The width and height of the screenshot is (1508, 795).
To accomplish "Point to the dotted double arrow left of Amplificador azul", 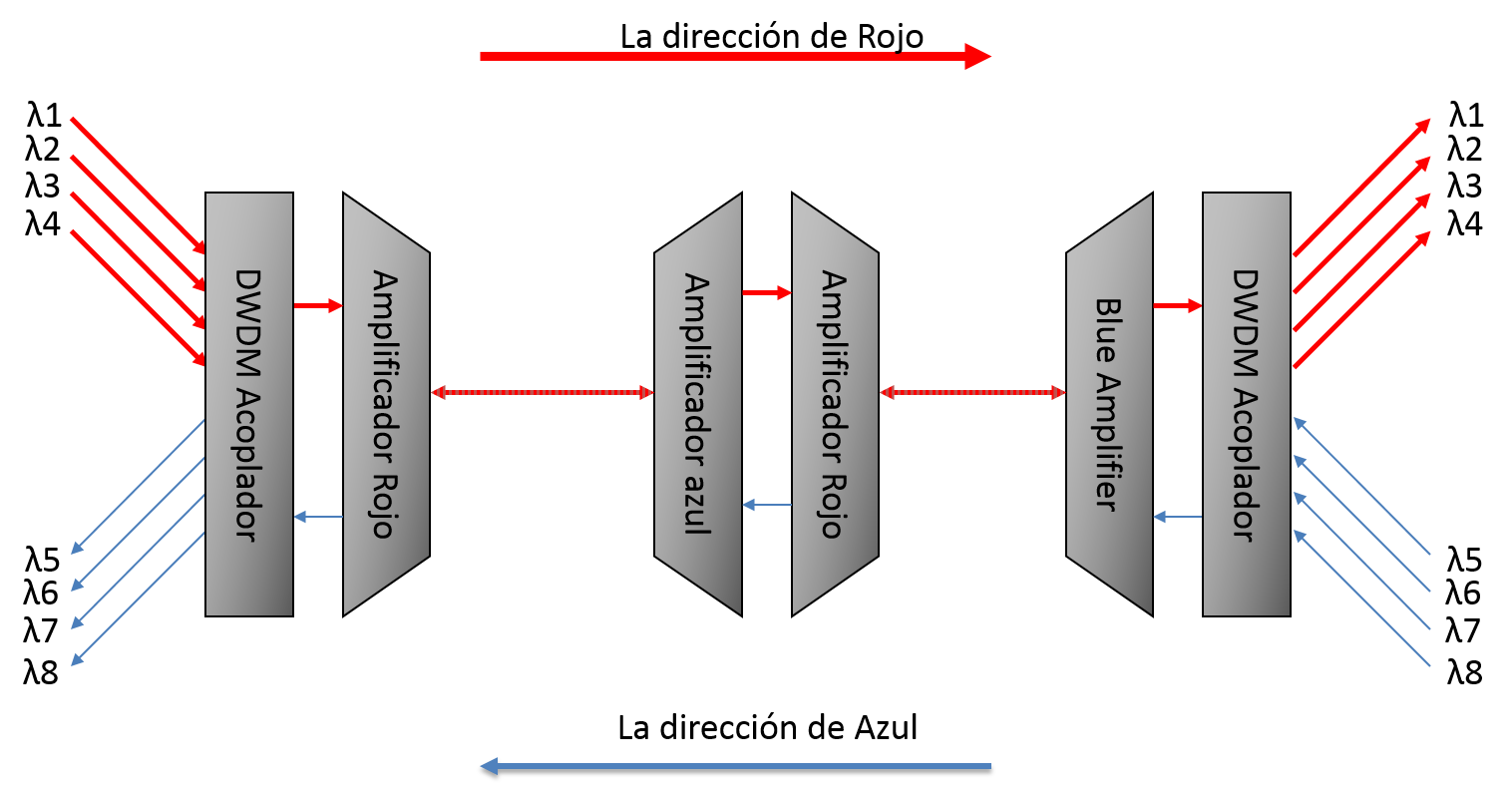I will pyautogui.click(x=542, y=393).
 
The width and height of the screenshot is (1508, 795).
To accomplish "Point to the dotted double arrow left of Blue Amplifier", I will pyautogui.click(x=972, y=393).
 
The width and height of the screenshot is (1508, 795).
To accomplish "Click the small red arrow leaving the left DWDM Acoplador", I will pyautogui.click(x=318, y=305).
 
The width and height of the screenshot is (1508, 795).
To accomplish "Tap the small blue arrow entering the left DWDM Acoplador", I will pyautogui.click(x=318, y=517).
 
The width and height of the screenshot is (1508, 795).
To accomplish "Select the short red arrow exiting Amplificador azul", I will pyautogui.click(x=766, y=292).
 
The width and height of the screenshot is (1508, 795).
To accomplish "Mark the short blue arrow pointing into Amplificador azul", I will pyautogui.click(x=766, y=506).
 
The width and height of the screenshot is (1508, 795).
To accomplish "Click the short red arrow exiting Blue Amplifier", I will pyautogui.click(x=1177, y=305).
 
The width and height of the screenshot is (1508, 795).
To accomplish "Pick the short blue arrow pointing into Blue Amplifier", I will pyautogui.click(x=1177, y=517).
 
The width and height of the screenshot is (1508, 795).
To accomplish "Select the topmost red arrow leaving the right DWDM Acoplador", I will pyautogui.click(x=1361, y=188).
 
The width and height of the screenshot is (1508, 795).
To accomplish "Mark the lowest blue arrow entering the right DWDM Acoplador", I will pyautogui.click(x=1362, y=598).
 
